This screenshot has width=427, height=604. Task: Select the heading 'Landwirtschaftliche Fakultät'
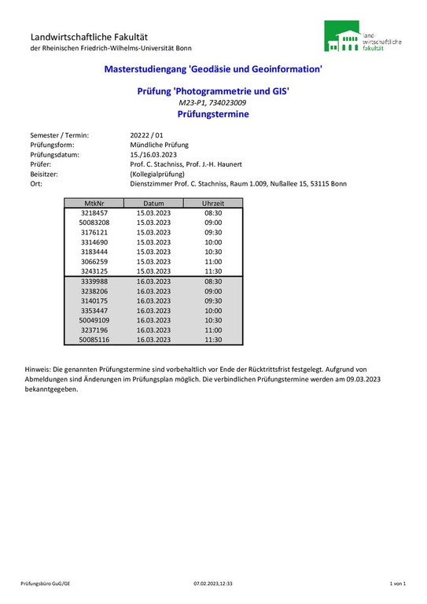[89, 37]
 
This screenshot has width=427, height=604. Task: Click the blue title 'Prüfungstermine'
[213, 114]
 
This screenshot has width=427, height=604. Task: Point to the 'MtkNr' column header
[94, 203]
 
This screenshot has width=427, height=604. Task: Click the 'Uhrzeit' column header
[213, 203]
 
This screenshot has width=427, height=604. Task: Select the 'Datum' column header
[153, 203]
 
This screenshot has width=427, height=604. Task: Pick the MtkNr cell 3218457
[94, 213]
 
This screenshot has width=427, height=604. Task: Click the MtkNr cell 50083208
[94, 223]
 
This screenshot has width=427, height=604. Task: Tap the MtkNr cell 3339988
[94, 281]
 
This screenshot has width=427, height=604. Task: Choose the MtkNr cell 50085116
[94, 340]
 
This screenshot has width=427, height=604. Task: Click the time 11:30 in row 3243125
[213, 271]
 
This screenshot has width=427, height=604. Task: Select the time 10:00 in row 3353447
[213, 311]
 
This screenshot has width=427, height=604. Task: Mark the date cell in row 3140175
[153, 300]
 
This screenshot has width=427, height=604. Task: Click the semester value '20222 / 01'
[146, 135]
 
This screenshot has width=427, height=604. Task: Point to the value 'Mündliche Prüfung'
[160, 145]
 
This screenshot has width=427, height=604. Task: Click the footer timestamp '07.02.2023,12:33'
[213, 584]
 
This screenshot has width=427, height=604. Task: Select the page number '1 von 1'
[397, 584]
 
